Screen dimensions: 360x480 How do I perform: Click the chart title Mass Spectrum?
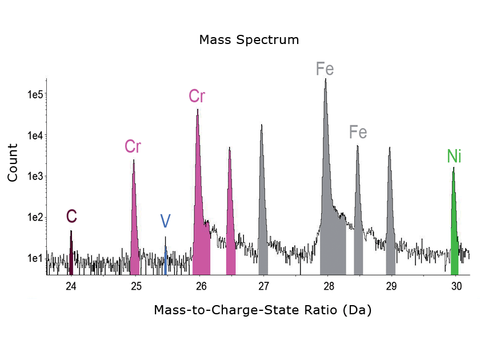[249, 40]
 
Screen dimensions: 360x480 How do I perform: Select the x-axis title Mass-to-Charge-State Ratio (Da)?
[262, 310]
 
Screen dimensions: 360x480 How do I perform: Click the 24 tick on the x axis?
[71, 286]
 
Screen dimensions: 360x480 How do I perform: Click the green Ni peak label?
[454, 156]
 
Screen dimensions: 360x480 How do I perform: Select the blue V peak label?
[165, 221]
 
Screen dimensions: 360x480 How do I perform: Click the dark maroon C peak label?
[71, 216]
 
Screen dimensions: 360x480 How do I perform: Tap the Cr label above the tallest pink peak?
[197, 97]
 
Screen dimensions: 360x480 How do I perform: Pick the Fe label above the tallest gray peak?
[325, 70]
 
